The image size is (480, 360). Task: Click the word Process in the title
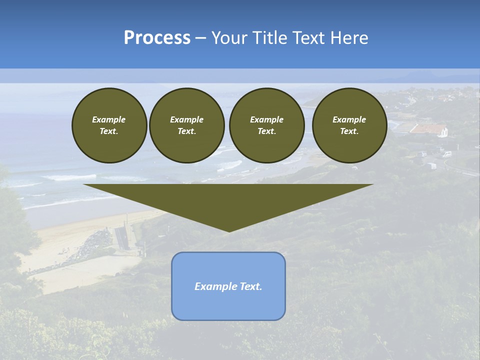click(x=157, y=38)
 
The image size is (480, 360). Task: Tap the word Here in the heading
click(x=349, y=38)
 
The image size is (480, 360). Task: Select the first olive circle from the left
click(x=109, y=125)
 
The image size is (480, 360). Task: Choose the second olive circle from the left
click(x=186, y=125)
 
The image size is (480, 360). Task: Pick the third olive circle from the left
click(x=266, y=125)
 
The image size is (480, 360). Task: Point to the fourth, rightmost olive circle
click(x=349, y=125)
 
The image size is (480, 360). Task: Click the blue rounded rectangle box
click(x=228, y=305)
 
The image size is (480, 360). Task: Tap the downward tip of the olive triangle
click(x=229, y=230)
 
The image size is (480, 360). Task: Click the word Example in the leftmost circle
click(x=109, y=119)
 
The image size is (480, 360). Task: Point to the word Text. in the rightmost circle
click(x=349, y=131)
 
